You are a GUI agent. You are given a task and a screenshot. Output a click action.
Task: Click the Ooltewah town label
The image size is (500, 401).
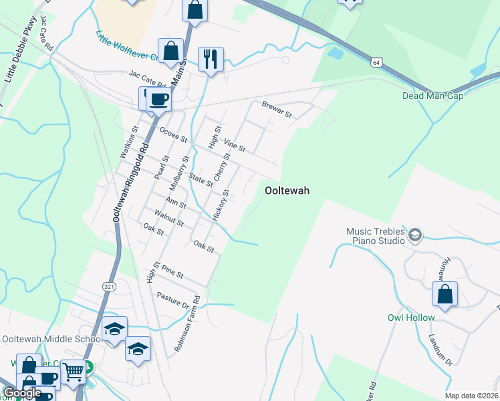coord(287,190)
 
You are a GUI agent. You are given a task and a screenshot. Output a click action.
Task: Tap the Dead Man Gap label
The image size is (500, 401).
coord(432,96)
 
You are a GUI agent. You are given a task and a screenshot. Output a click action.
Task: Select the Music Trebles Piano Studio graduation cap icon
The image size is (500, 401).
coord(414,235)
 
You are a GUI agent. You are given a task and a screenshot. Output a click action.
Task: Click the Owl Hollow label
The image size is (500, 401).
coord(411,317)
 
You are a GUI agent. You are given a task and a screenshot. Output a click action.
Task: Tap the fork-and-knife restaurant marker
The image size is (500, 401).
coord(211,59)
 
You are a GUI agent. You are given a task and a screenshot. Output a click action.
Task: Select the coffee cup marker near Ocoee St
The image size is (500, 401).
coord(158,100)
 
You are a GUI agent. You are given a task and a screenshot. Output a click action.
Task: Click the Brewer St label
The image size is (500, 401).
coord(277,110)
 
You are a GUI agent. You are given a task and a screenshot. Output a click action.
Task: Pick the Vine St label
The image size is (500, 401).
coord(235,145)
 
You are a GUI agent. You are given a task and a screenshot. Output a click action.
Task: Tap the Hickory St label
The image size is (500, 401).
coord(221,205)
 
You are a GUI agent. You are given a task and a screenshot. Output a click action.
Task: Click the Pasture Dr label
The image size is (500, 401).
coord(173,301)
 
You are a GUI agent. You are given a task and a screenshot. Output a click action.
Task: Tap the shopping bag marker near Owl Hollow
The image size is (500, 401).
coord(445,295)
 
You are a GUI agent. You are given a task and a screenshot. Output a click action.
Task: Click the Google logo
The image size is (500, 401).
coord(21,393)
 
